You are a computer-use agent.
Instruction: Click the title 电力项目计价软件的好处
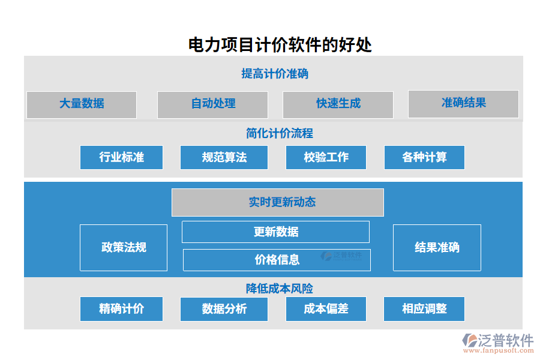(280, 45)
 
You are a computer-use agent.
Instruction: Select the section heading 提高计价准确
(275, 74)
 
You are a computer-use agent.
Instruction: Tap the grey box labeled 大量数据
(82, 104)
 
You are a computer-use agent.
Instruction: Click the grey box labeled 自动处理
(212, 104)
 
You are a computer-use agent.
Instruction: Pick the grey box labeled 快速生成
(338, 104)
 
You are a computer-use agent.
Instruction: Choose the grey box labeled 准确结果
(463, 103)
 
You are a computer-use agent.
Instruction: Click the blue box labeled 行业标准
(122, 157)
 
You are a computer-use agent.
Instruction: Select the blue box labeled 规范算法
(224, 157)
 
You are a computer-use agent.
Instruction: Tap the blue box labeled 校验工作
(326, 157)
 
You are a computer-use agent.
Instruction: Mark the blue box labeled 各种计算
(424, 157)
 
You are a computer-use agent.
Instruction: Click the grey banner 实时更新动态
(278, 202)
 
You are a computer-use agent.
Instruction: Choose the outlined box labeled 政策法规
(124, 247)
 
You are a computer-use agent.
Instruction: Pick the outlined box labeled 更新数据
(275, 232)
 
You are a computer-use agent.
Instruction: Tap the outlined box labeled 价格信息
(277, 260)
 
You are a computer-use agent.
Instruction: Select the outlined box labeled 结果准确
(437, 247)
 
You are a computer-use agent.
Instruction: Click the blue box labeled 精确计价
(122, 309)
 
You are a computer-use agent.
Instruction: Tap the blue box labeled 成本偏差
(326, 309)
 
